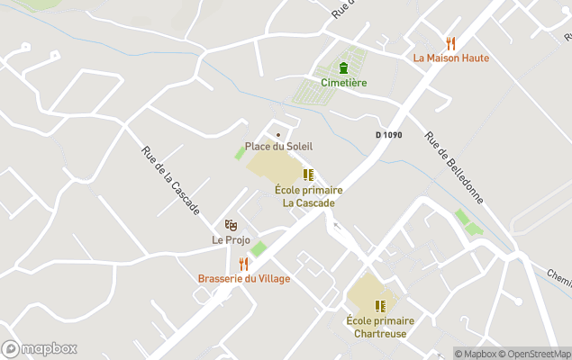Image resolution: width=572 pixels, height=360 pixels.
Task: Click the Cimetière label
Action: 343,83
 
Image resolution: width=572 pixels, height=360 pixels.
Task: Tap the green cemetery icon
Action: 343,67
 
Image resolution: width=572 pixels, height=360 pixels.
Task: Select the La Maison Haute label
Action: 451,58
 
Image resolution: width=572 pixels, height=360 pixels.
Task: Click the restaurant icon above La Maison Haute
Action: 451,43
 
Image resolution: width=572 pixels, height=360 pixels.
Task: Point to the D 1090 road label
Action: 388,135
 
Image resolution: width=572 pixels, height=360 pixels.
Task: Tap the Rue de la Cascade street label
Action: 170,180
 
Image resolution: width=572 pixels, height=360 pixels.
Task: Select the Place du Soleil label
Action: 279,146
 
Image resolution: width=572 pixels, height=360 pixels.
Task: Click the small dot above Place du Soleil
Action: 278,135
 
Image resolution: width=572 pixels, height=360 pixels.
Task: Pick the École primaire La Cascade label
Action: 309,196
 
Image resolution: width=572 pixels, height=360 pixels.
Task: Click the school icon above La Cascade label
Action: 308,175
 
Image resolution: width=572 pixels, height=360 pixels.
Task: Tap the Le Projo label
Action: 231,239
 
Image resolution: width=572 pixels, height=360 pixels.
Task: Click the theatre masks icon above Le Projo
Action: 231,225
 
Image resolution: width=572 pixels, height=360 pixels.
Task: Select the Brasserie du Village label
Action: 244,279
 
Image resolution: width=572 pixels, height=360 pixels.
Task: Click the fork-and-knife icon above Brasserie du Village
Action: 243,264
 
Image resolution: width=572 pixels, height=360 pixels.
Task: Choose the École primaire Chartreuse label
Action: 380,327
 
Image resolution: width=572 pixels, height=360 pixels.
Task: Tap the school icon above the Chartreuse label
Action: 380,306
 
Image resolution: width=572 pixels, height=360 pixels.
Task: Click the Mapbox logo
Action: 40,348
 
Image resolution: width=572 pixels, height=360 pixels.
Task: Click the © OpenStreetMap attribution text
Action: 534,354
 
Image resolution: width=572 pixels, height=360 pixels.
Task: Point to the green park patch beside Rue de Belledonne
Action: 468,221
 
